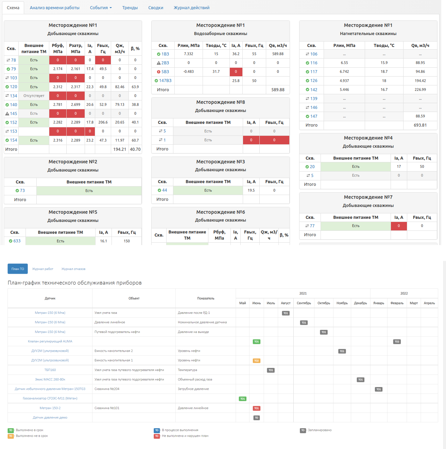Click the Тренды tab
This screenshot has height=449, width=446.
point(130,7)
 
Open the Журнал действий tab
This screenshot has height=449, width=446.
point(191,7)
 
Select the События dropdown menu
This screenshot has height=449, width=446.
point(101,7)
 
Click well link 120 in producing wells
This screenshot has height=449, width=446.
point(13,87)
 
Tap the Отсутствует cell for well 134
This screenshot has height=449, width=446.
point(34,96)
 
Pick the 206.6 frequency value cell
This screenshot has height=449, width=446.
point(103,122)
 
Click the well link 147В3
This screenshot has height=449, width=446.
point(165,81)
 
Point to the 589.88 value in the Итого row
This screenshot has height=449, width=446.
point(278,90)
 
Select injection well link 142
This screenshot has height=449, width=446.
point(314,90)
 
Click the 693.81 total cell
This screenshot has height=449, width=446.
point(420,125)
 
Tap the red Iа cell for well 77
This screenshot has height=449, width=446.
point(399,226)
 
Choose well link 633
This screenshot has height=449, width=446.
point(17,241)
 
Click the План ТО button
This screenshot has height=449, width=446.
point(18,269)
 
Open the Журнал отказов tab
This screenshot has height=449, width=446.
point(73,269)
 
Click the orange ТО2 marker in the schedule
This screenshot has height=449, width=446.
point(257,360)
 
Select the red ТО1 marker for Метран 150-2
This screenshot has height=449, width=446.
point(257,408)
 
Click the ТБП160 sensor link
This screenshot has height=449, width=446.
point(50,370)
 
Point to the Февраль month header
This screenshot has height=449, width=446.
point(397,303)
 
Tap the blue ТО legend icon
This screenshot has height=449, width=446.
point(157,430)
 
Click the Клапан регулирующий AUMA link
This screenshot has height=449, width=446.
point(50,341)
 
